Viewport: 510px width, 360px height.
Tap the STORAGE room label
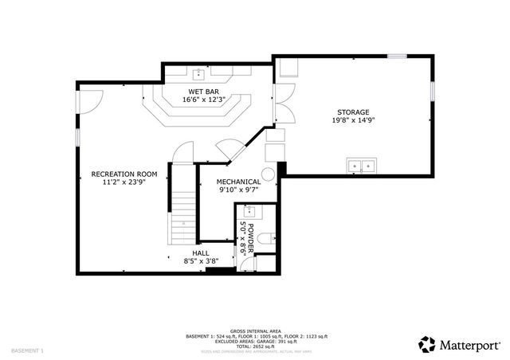tap(353, 112)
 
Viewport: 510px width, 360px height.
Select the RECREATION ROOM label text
tap(124, 174)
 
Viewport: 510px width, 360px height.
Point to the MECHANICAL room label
tap(239, 182)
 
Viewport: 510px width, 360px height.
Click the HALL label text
tap(200, 252)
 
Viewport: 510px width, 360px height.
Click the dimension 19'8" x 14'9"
tap(353, 120)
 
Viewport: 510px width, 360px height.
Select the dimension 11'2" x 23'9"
tap(124, 182)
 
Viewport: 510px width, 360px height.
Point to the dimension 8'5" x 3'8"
tap(200, 260)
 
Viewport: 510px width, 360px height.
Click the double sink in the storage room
tap(362, 166)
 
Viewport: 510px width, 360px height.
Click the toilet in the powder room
tap(269, 237)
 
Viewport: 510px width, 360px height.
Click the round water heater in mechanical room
tap(269, 173)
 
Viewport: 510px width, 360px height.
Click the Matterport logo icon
tap(428, 344)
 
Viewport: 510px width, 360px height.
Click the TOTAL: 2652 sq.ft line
tap(257, 346)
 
